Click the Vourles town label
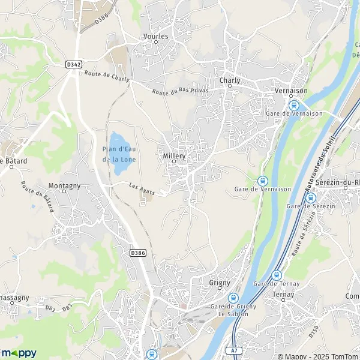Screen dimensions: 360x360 coord(156,36)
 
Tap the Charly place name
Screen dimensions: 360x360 coord(230,80)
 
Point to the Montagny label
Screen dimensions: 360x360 coord(64,186)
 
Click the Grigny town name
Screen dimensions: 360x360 coord(220,282)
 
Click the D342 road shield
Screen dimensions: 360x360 coord(74,64)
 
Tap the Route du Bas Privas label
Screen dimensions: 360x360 coord(176,92)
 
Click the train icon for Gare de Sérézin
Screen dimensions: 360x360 coord(310,197)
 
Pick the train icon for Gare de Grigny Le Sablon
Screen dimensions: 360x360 coord(234,297)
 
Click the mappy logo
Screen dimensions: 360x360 coord(19,353)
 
